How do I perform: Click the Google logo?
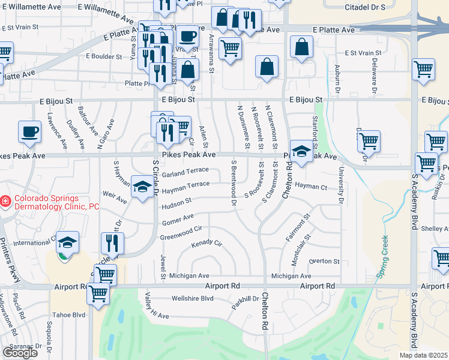[20, 352]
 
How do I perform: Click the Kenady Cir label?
[206, 244]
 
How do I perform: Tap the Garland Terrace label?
[185, 173]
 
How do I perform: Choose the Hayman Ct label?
[311, 187]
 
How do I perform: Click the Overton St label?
[324, 262]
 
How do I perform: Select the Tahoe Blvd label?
[70, 314]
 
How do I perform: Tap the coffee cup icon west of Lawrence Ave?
[29, 132]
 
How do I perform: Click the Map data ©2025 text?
[423, 355]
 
